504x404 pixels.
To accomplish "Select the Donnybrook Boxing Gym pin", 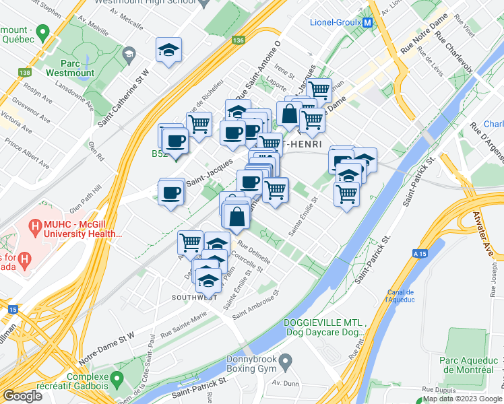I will click(286, 362).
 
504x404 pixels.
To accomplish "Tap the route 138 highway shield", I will click(25, 72).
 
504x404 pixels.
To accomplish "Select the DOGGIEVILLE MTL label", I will click(325, 322).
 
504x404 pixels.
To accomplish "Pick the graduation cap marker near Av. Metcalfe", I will click(168, 50).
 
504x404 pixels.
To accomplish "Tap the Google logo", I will click(22, 396).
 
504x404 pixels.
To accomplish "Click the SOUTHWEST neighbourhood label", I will click(194, 297).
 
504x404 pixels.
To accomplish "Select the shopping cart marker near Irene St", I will click(319, 88).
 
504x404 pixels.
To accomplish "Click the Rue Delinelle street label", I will click(255, 255).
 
